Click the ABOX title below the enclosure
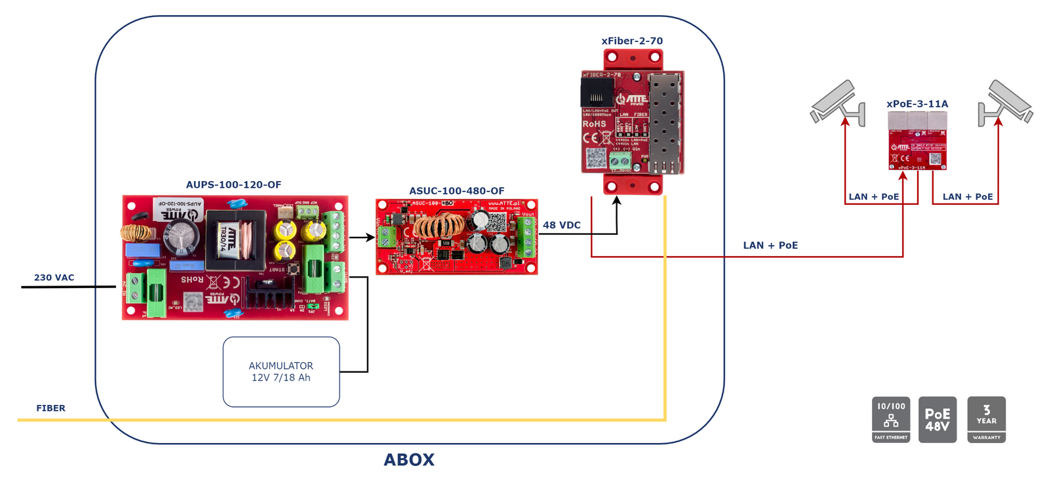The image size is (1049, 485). (x=409, y=459)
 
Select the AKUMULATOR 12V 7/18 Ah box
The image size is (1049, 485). (x=281, y=371)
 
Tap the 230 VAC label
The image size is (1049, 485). (x=54, y=278)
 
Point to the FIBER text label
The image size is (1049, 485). (x=50, y=408)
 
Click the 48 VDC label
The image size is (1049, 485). (x=562, y=225)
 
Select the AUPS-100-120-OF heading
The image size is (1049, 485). (x=233, y=185)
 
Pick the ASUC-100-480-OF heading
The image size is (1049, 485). (x=457, y=191)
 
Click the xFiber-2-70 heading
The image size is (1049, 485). (x=632, y=41)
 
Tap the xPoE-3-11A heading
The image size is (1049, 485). (x=917, y=104)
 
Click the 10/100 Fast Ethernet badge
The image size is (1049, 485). (x=891, y=419)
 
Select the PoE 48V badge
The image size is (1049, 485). (x=938, y=419)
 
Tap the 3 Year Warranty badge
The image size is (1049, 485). (x=986, y=419)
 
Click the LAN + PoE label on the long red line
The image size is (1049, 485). (x=770, y=245)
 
